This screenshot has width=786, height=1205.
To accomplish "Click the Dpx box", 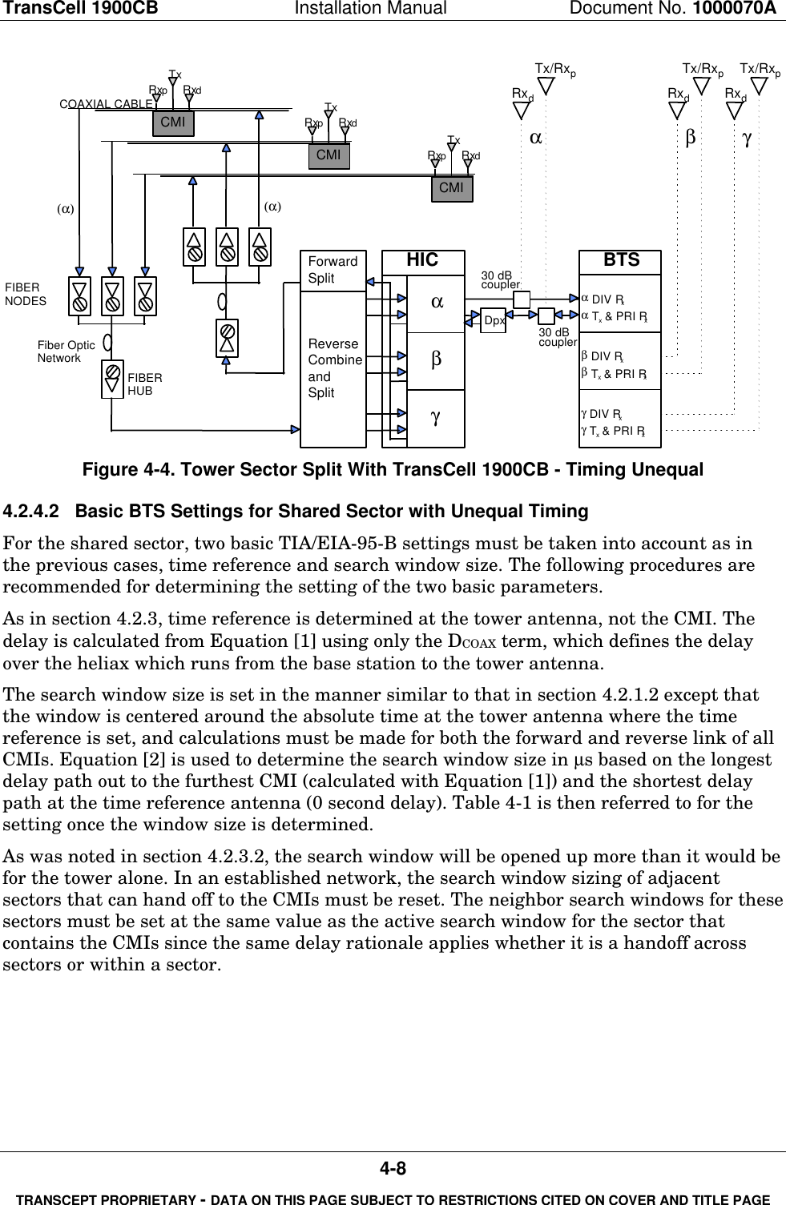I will pyautogui.click(x=494, y=320).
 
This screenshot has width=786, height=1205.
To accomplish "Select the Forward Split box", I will pyautogui.click(x=333, y=271).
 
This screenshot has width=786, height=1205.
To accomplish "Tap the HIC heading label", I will pyautogui.click(x=422, y=260).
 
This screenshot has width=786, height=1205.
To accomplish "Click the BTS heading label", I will pyautogui.click(x=621, y=260).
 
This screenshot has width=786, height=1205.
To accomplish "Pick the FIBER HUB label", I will pyautogui.click(x=145, y=384).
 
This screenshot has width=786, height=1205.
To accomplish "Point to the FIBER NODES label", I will pyautogui.click(x=25, y=294).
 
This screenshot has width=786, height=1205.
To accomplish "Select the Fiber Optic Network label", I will pyautogui.click(x=67, y=351).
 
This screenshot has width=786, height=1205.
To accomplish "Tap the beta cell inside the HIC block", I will pyautogui.click(x=435, y=358).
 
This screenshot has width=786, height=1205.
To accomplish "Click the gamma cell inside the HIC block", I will pyautogui.click(x=435, y=417).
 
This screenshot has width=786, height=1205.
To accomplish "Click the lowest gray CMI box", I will pyautogui.click(x=452, y=187).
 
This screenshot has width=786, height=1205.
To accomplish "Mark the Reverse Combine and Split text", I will pyautogui.click(x=335, y=368).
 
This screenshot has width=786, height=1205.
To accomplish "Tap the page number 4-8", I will pyautogui.click(x=393, y=1169).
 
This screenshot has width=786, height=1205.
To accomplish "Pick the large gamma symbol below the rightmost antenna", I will pyautogui.click(x=747, y=139).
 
